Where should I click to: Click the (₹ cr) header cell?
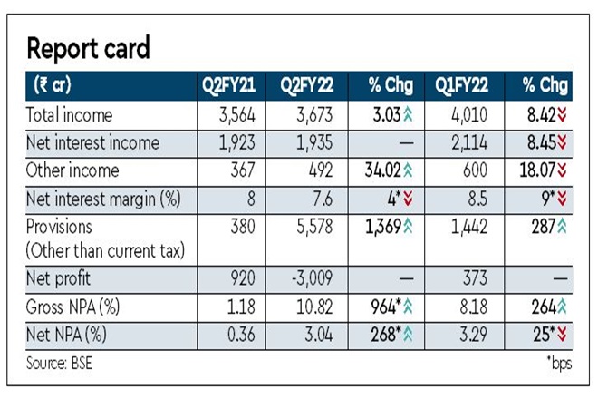tap(53, 87)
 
